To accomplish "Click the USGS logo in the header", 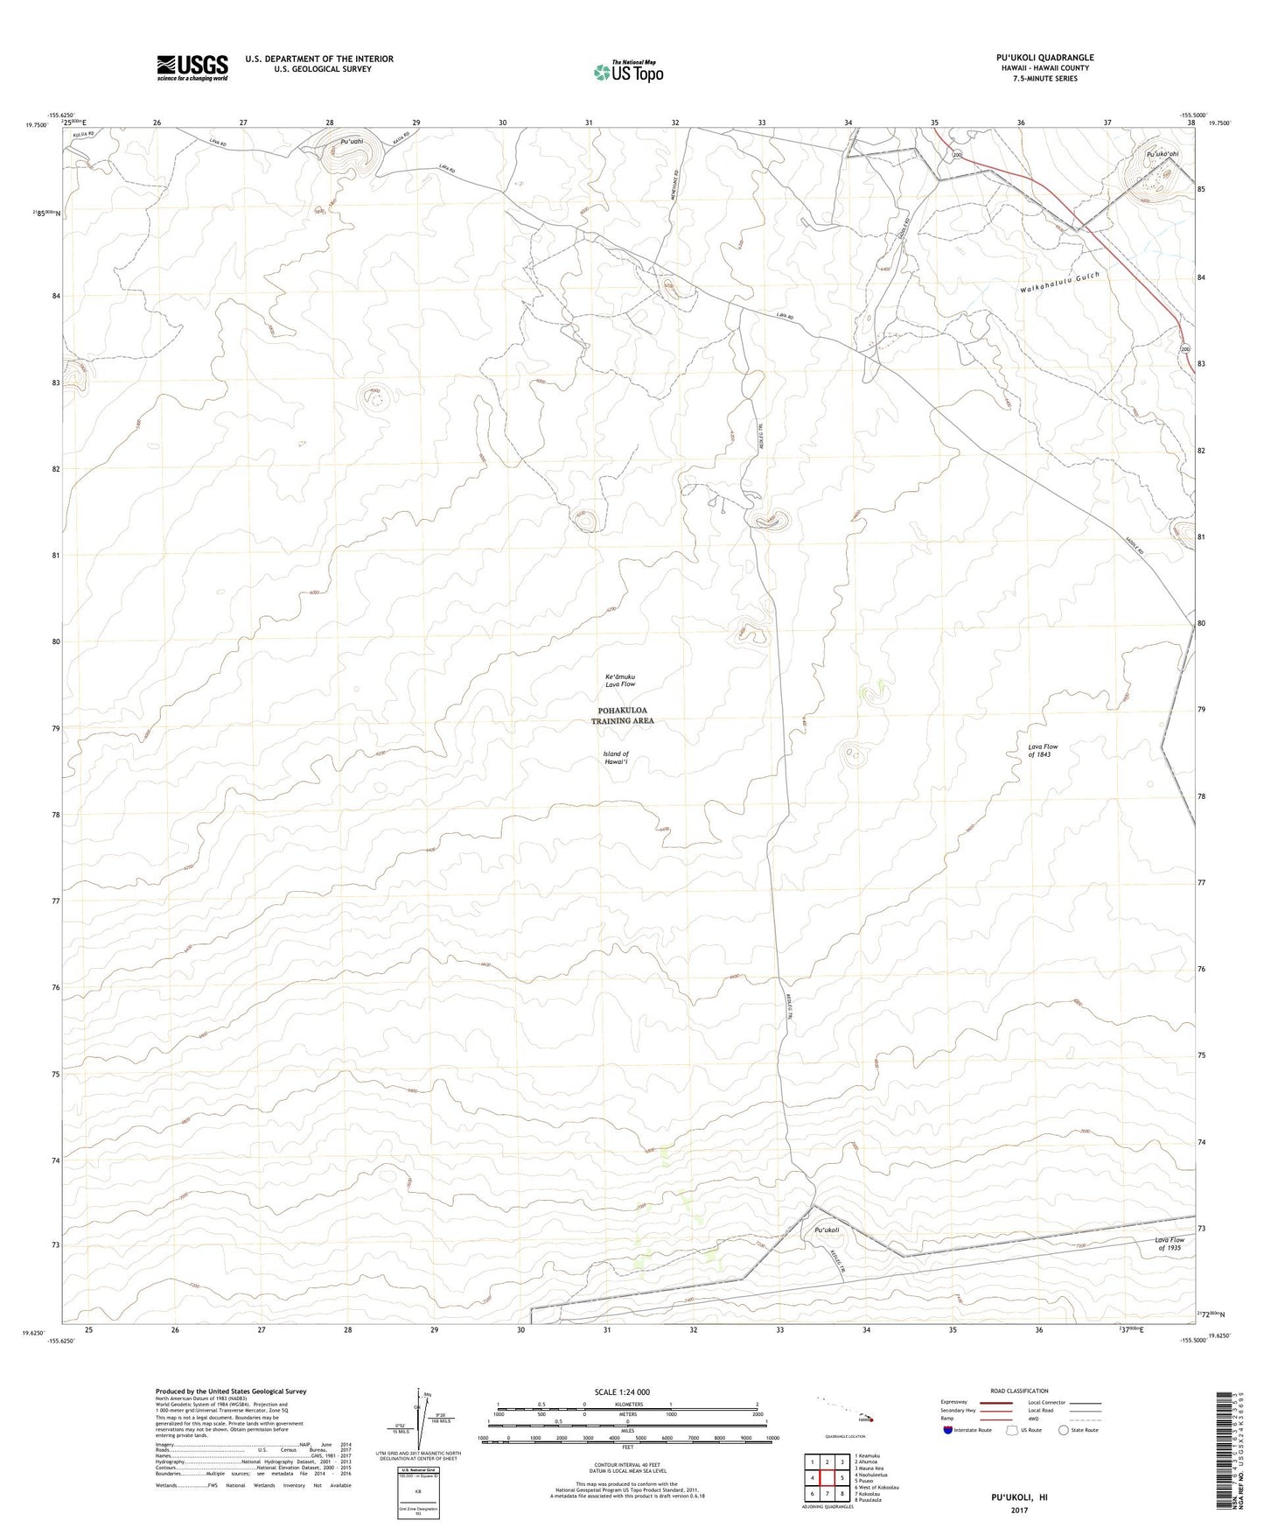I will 192,67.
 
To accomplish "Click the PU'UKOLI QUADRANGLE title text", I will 1044,58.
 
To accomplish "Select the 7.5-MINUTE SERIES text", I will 1044,79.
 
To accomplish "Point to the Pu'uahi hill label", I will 352,141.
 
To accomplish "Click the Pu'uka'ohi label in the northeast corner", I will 1163,155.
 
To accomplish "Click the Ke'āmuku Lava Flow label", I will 620,680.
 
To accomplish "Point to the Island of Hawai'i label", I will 616,758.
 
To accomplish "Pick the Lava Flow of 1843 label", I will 1043,751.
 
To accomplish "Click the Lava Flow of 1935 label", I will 1170,1244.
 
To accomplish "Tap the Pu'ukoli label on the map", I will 827,1230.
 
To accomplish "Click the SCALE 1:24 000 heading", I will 622,1391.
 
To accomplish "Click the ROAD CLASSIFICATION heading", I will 1019,1391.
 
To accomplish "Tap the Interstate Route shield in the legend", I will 948,1431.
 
